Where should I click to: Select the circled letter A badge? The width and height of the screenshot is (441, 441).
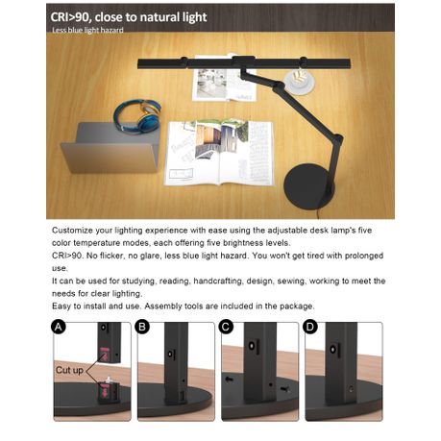(x=60, y=327)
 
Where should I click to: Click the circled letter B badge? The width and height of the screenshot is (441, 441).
(x=143, y=327)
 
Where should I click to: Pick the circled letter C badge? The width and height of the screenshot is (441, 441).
(x=228, y=327)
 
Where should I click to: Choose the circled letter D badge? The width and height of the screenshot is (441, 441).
(x=311, y=327)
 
